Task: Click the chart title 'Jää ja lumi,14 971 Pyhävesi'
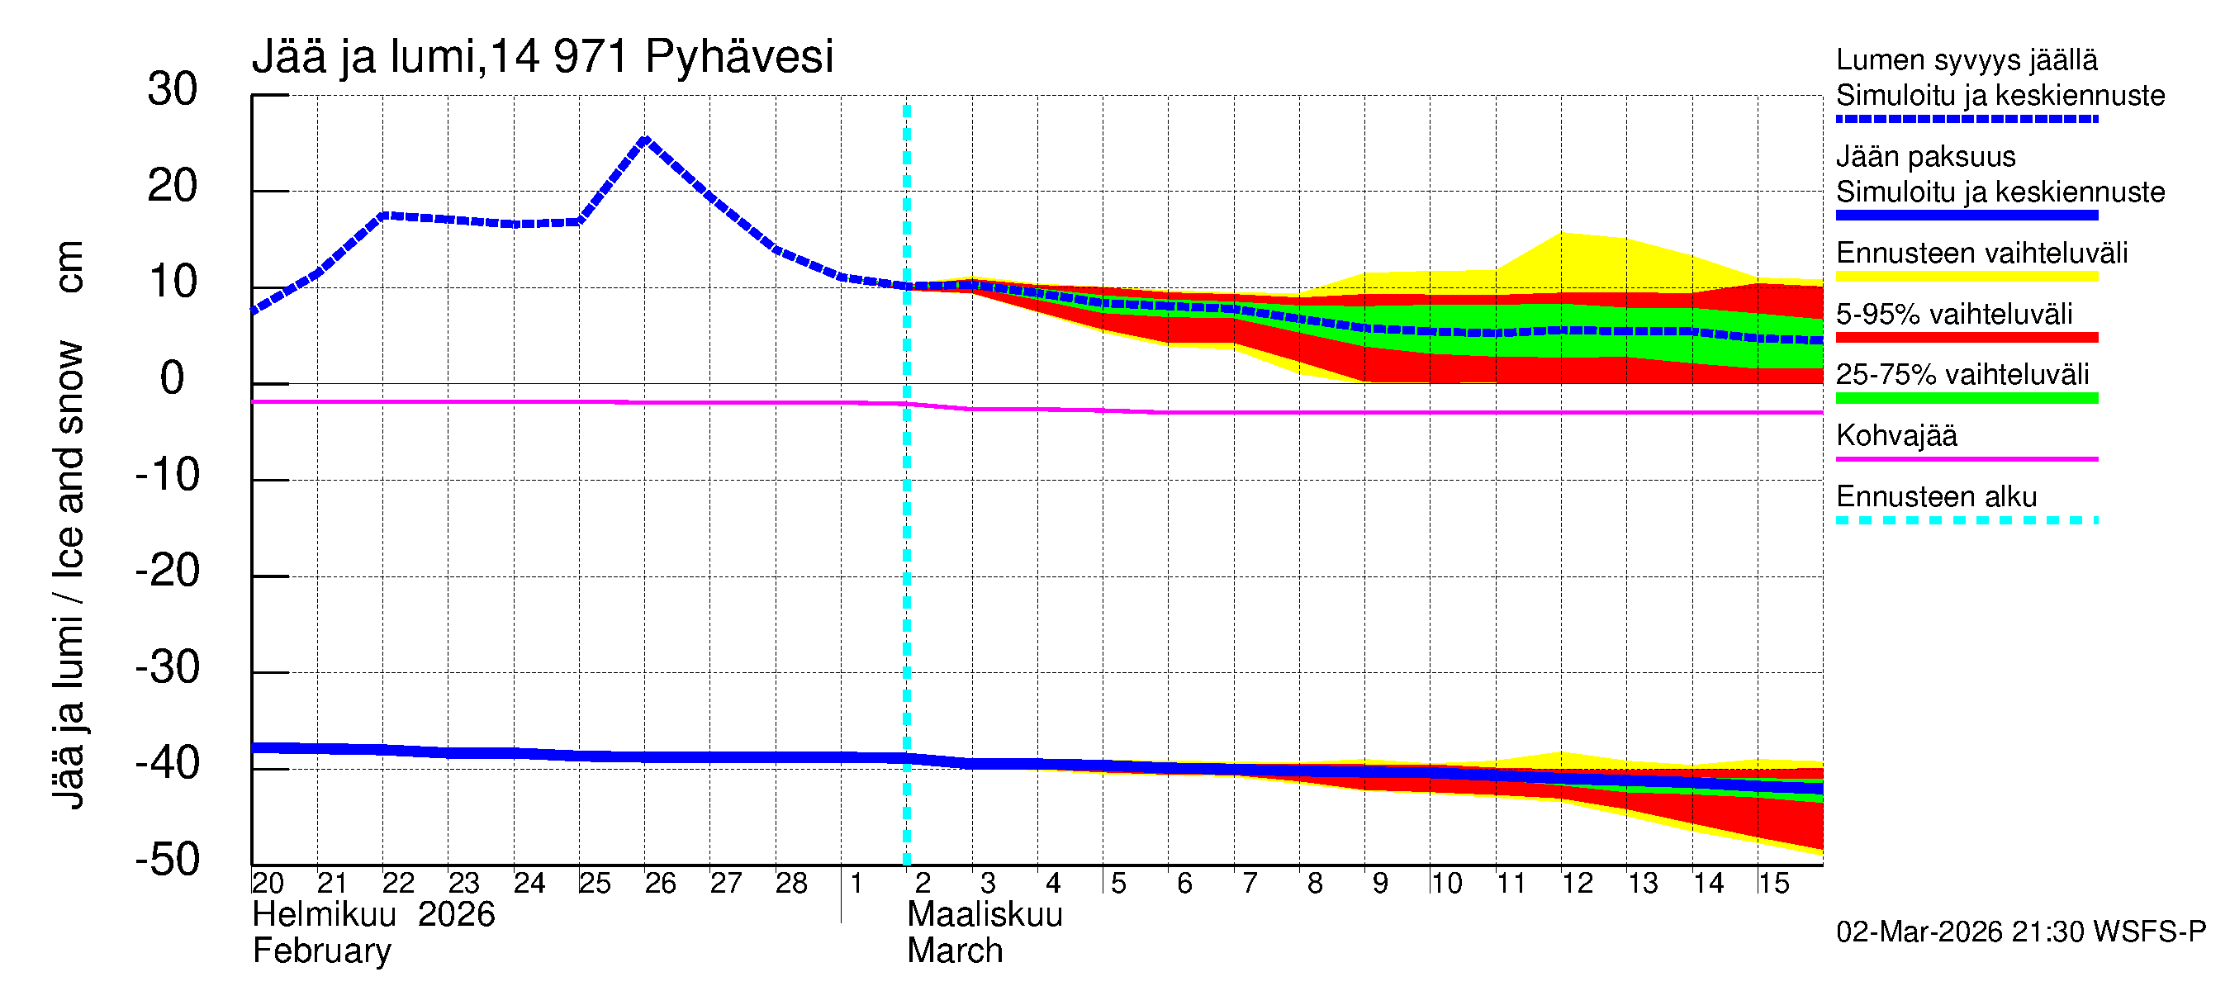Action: click(x=542, y=56)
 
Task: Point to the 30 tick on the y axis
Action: click(x=173, y=89)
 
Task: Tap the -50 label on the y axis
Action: click(x=168, y=861)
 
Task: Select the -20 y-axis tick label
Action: click(x=168, y=571)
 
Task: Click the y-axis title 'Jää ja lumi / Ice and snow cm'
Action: click(x=68, y=524)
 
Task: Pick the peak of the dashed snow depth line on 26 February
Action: click(x=645, y=139)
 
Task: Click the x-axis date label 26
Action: click(x=660, y=884)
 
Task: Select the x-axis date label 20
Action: click(x=268, y=884)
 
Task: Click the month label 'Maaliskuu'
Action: click(x=985, y=915)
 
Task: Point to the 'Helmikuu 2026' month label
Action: click(x=373, y=915)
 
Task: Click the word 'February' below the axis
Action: click(x=321, y=951)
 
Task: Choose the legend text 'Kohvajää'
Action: click(x=1895, y=435)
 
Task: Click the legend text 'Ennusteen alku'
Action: click(x=1936, y=497)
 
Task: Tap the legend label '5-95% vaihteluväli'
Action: click(x=1954, y=314)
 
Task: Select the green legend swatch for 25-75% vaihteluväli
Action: click(x=1966, y=398)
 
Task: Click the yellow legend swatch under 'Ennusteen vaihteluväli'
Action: click(x=1966, y=277)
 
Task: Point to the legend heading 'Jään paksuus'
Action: click(x=1925, y=157)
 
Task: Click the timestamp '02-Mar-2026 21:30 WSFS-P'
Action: click(x=2020, y=932)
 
